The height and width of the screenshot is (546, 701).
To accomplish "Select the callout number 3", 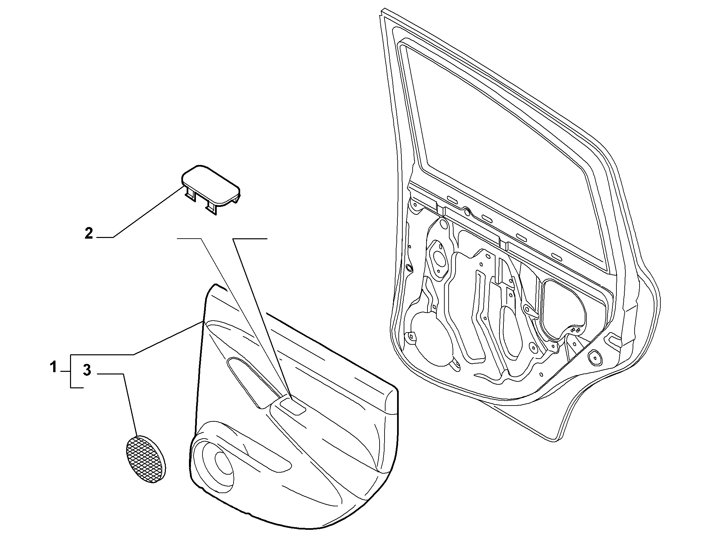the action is pos(87,370).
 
